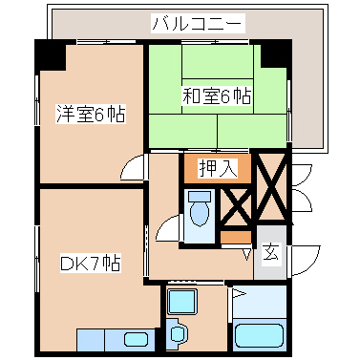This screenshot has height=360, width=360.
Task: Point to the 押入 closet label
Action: coord(217,169)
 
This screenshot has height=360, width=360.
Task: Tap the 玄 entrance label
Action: coord(270,253)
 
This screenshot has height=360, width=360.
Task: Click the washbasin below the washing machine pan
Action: coord(180,335)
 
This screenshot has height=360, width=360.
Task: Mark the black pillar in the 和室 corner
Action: coord(273,53)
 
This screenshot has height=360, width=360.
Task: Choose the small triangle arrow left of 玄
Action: coord(246,253)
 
